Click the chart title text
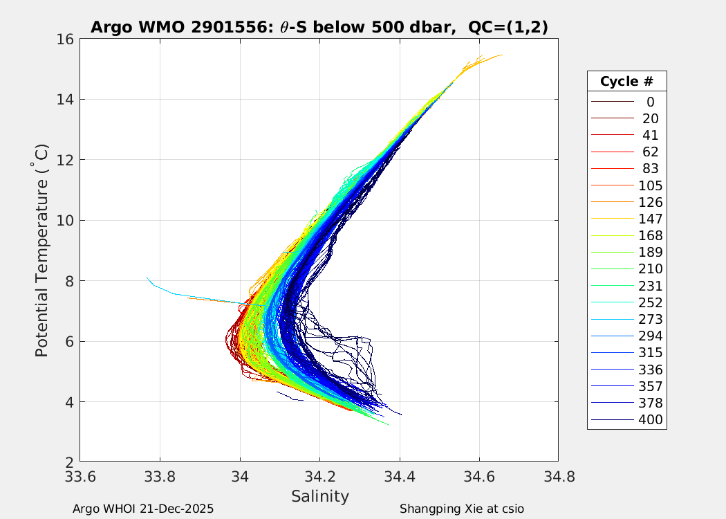[319, 28]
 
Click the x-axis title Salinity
[319, 496]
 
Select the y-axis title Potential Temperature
[42, 250]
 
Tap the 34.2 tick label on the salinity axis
[319, 477]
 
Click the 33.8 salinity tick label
[160, 477]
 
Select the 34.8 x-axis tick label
[558, 477]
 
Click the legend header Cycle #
[626, 81]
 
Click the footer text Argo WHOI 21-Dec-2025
[143, 509]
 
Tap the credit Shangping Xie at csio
[461, 509]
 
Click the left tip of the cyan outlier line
[147, 277]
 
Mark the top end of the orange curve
[501, 55]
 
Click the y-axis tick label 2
[70, 462]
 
